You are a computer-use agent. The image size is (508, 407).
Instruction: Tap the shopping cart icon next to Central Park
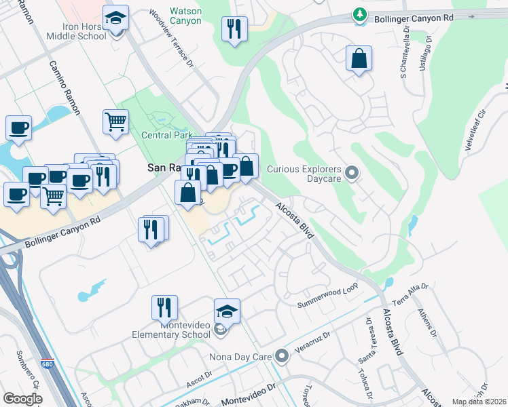116,123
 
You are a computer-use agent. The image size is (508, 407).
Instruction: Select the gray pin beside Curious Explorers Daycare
352,174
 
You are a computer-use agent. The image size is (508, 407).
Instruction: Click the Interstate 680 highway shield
47,364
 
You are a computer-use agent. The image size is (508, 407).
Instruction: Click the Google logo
22,398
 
